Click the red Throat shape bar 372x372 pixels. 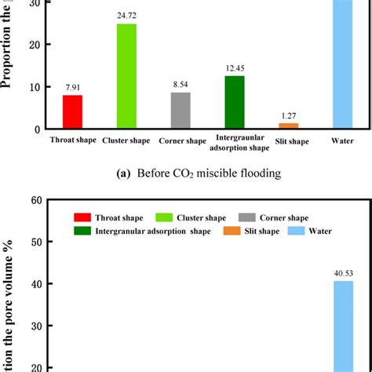click(72, 111)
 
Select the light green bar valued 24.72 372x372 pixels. click(126, 76)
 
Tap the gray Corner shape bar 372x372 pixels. click(181, 111)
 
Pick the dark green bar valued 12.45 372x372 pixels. click(235, 102)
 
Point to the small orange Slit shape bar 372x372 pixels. click(289, 126)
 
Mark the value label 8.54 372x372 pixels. click(181, 85)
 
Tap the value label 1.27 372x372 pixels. click(289, 115)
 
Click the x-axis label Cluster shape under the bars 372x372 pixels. click(126, 141)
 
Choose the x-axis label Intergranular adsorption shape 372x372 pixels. click(235, 141)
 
